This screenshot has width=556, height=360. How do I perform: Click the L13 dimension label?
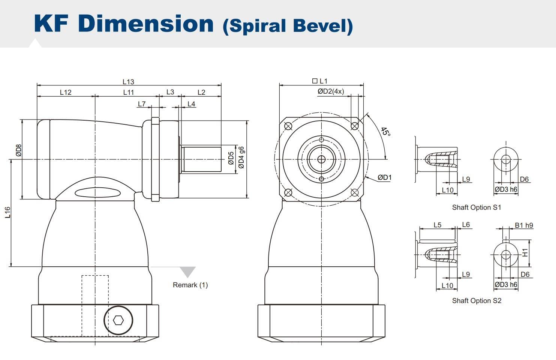pyautogui.click(x=128, y=82)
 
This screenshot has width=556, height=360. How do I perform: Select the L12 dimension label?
pyautogui.click(x=66, y=92)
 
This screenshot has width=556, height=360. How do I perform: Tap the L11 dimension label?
pyautogui.click(x=128, y=92)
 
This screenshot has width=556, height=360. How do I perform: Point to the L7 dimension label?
pyautogui.click(x=142, y=104)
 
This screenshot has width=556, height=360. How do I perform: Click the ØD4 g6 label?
pyautogui.click(x=241, y=157)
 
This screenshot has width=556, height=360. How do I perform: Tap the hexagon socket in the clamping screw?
pyautogui.click(x=118, y=320)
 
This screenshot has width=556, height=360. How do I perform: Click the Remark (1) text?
pyautogui.click(x=190, y=285)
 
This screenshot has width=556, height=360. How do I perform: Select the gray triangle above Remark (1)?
pyautogui.click(x=187, y=271)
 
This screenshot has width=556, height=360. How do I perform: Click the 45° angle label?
pyautogui.click(x=385, y=132)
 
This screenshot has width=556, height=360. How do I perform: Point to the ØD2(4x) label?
pyautogui.click(x=331, y=91)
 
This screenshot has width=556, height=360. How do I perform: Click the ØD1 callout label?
pyautogui.click(x=384, y=177)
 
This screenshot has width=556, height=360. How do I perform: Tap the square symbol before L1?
pyautogui.click(x=315, y=81)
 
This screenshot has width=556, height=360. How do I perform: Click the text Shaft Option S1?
pyautogui.click(x=476, y=208)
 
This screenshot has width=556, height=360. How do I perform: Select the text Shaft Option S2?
pyautogui.click(x=476, y=301)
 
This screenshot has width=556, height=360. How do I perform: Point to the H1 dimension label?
pyautogui.click(x=525, y=253)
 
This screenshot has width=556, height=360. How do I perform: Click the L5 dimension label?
pyautogui.click(x=437, y=225)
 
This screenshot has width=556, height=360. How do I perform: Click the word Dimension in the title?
pyautogui.click(x=146, y=23)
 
